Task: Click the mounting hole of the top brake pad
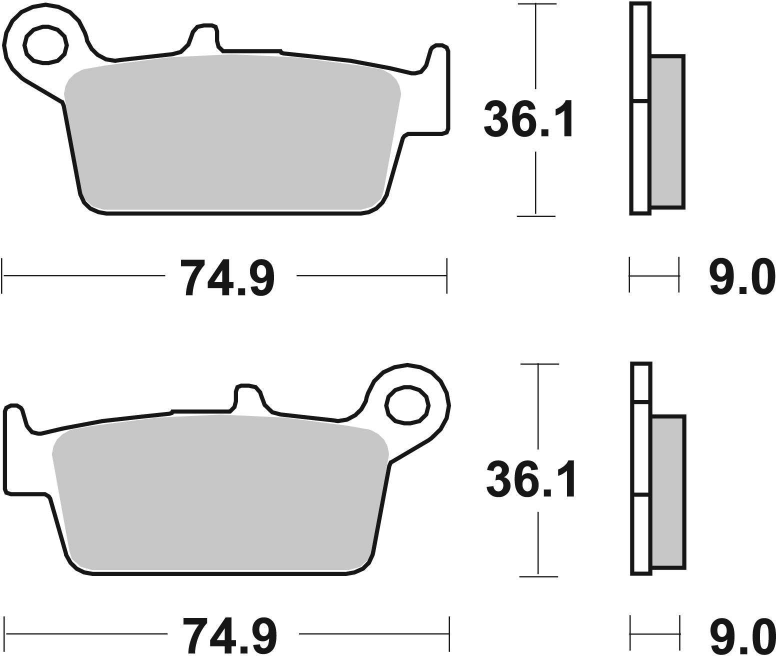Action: [45, 44]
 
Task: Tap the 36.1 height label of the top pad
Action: [527, 119]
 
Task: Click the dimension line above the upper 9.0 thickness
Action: [654, 275]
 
